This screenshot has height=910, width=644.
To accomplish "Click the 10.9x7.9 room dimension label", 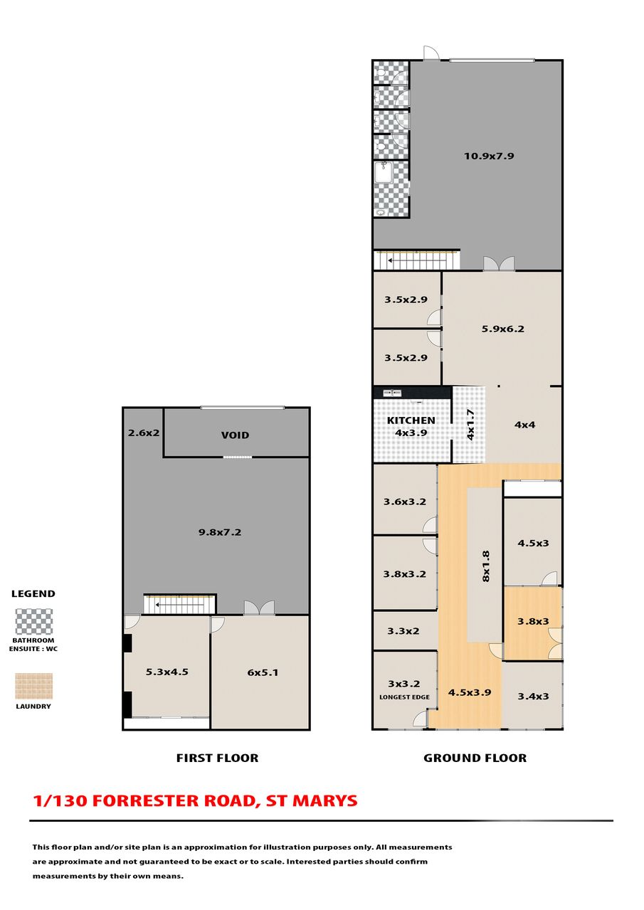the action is (x=489, y=156).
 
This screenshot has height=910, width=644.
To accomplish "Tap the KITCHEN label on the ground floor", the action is (x=411, y=420).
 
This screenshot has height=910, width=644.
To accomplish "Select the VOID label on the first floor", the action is (x=235, y=435).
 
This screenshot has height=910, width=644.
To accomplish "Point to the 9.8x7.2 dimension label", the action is (x=220, y=532).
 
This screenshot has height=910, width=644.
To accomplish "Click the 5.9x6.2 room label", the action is (x=503, y=329).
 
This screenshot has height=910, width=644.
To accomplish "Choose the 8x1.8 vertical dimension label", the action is (x=486, y=566).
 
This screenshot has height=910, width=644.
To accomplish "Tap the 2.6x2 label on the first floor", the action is (x=144, y=433).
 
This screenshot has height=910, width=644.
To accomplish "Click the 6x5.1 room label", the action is (x=263, y=672).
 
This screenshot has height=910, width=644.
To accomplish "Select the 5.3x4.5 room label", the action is (x=167, y=672).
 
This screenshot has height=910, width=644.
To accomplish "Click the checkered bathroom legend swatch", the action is (x=33, y=622).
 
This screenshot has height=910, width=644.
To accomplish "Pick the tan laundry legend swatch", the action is (x=33, y=686).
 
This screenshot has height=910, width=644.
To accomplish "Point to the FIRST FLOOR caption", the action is (x=217, y=758).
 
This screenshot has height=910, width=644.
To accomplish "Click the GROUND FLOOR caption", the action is (x=475, y=758).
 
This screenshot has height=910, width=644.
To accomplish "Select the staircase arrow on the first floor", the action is (x=179, y=605).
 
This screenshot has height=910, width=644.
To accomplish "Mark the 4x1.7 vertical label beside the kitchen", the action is (x=470, y=425).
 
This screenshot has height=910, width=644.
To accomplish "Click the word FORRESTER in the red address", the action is (x=172, y=800).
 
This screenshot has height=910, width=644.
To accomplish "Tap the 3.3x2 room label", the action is (x=403, y=631).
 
